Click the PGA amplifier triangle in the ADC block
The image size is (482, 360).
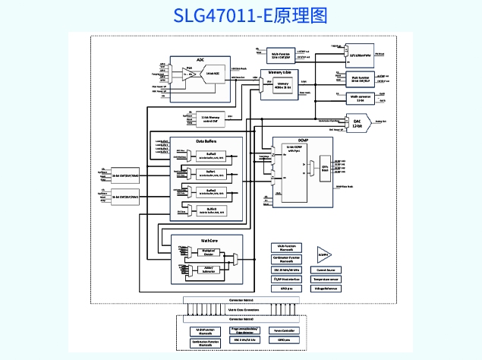(189, 74)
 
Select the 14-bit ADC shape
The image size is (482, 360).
(213, 74)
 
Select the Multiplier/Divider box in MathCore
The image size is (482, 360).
(209, 251)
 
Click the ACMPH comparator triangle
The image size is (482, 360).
(324, 255)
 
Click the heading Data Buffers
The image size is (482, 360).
(206, 142)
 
